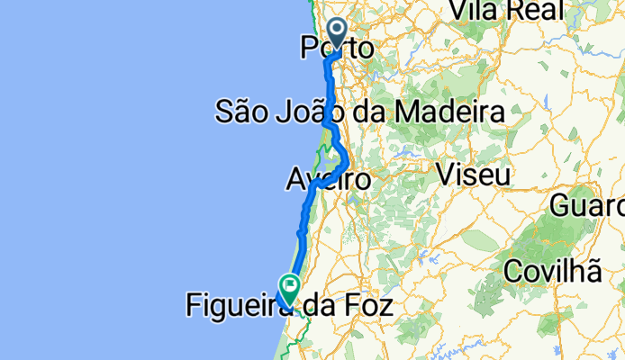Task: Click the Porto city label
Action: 335,48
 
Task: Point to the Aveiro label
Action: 328,179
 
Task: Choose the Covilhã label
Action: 552,269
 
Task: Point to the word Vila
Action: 478,10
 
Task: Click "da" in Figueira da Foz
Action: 320,306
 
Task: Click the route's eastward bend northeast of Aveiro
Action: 345,161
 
